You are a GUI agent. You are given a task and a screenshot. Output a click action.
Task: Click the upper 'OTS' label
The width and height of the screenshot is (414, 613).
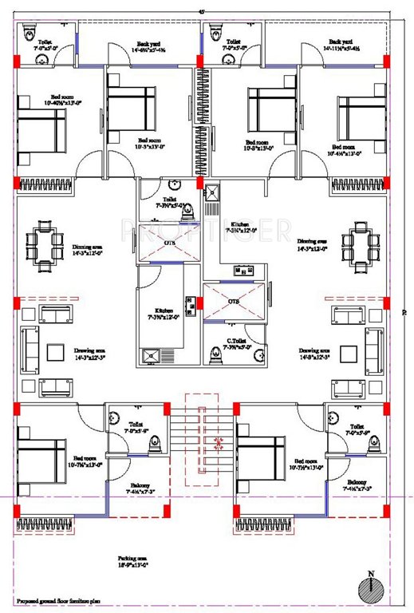pyautogui.click(x=170, y=242)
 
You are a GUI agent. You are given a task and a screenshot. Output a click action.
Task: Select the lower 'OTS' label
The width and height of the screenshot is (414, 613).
pyautogui.click(x=234, y=303)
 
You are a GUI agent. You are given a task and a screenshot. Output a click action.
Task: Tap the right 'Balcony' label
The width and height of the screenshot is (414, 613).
pyautogui.click(x=355, y=485)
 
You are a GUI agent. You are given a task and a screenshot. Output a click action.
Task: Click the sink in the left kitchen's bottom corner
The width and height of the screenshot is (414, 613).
pyautogui.click(x=149, y=357)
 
